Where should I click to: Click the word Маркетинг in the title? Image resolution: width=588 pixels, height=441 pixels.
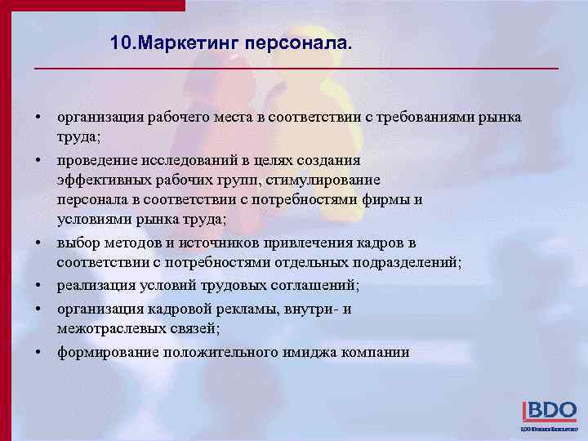[x=183, y=42]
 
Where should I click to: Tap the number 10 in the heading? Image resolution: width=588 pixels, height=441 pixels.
[x=122, y=42]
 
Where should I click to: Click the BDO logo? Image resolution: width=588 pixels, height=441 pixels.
[x=549, y=411]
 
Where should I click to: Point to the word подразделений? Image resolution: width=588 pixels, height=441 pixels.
[x=406, y=263]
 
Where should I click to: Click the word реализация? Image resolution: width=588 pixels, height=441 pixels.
[x=96, y=286]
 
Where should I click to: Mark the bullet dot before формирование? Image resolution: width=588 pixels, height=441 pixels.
[x=38, y=352]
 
